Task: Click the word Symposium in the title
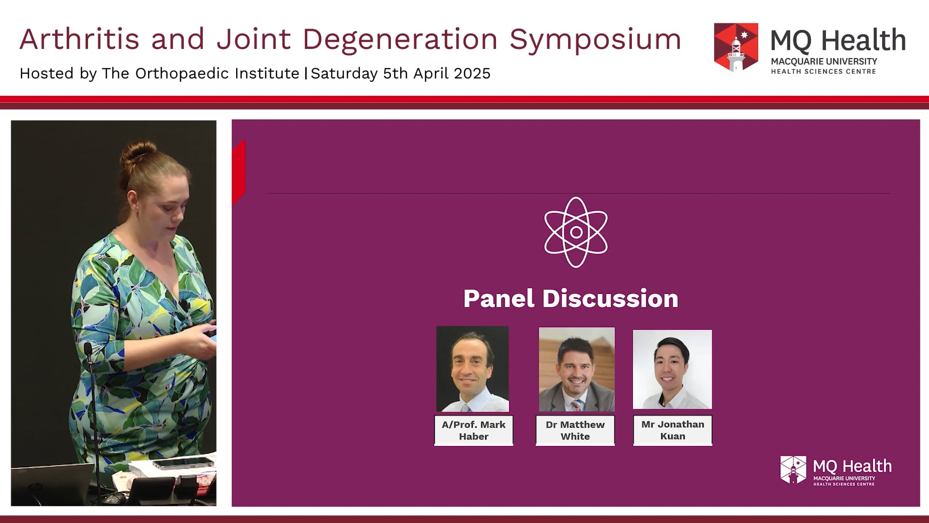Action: point(595,40)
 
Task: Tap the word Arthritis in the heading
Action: point(79,39)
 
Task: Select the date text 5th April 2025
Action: point(436,74)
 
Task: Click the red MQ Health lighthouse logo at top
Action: point(735,47)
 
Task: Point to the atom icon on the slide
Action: point(576,232)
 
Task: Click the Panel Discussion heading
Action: point(570,298)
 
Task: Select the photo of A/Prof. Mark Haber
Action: point(472,369)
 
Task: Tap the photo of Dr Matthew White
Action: point(576,369)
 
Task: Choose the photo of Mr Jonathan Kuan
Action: point(672,369)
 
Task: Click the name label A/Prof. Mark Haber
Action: point(473,430)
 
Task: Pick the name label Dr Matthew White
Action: point(575,430)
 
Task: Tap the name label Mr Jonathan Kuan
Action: point(673,430)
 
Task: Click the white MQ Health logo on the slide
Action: point(836,470)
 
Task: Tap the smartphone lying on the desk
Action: point(183,463)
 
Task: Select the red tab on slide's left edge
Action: point(239,172)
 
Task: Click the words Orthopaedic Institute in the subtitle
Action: point(217,74)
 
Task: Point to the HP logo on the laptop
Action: point(32,486)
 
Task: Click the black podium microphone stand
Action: point(92,412)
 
